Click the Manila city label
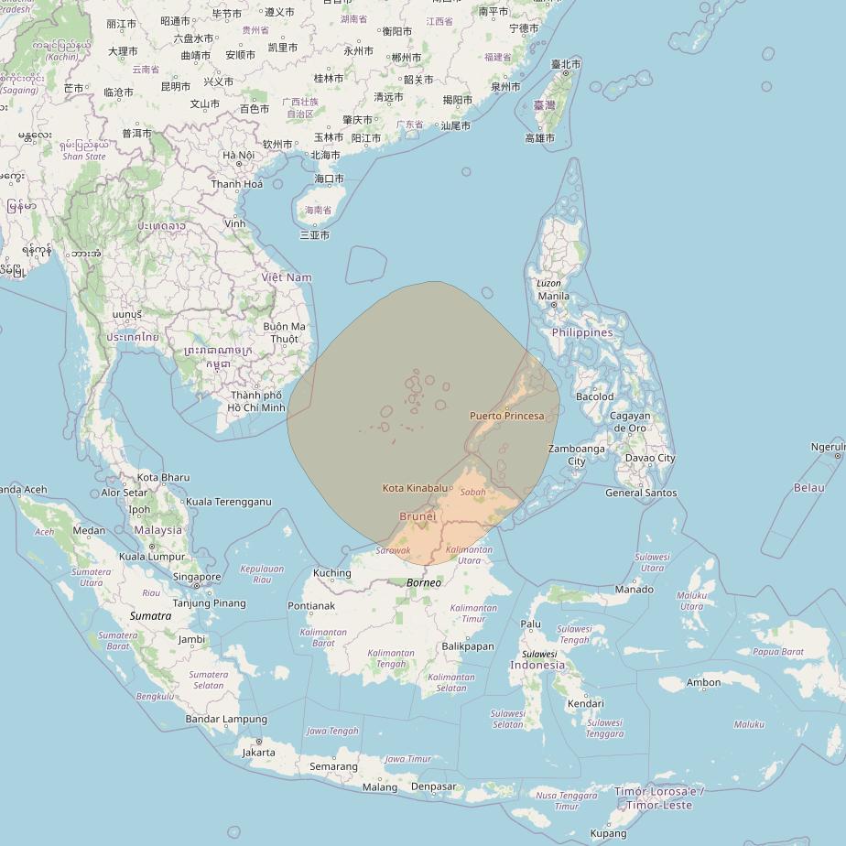[x=553, y=296]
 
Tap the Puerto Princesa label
[x=506, y=416]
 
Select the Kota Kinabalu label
[x=415, y=488]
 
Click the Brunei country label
[x=418, y=516]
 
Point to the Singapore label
[x=197, y=577]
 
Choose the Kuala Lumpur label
[x=152, y=556]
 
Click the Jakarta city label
[x=258, y=753]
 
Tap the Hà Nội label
[x=238, y=155]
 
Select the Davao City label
[x=650, y=458]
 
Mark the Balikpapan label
[x=467, y=645]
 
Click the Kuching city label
[x=331, y=573]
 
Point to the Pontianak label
[x=311, y=606]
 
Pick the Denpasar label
[x=433, y=786]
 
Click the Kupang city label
[x=609, y=833]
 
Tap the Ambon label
[x=703, y=682]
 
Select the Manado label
[x=634, y=589]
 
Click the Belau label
[x=808, y=488]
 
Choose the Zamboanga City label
[x=576, y=455]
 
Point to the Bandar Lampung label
[x=226, y=720]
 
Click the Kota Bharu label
[x=163, y=477]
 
